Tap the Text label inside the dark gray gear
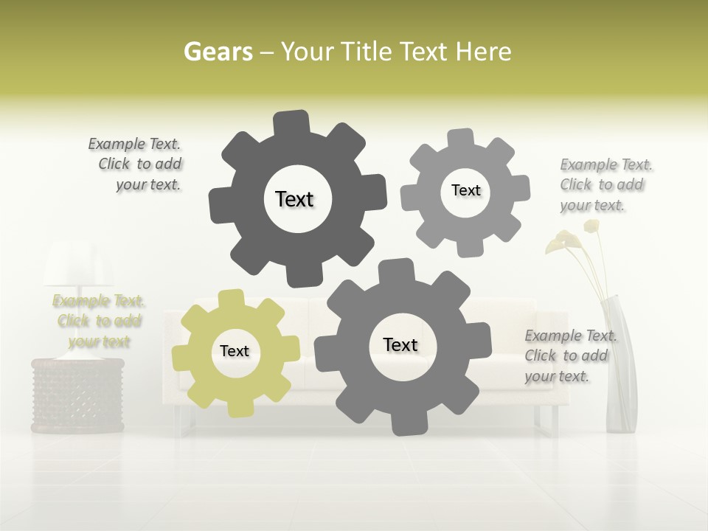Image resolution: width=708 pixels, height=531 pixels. (x=294, y=199)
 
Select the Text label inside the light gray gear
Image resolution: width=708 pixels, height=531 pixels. (x=465, y=190)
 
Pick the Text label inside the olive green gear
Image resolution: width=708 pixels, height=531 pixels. (x=235, y=351)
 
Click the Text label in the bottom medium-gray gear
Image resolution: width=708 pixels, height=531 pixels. (x=400, y=344)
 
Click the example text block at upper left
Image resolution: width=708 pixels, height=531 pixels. (x=137, y=164)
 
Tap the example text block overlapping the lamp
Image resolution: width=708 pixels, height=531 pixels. (x=98, y=321)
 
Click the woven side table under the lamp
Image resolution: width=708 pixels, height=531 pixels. (x=77, y=395)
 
